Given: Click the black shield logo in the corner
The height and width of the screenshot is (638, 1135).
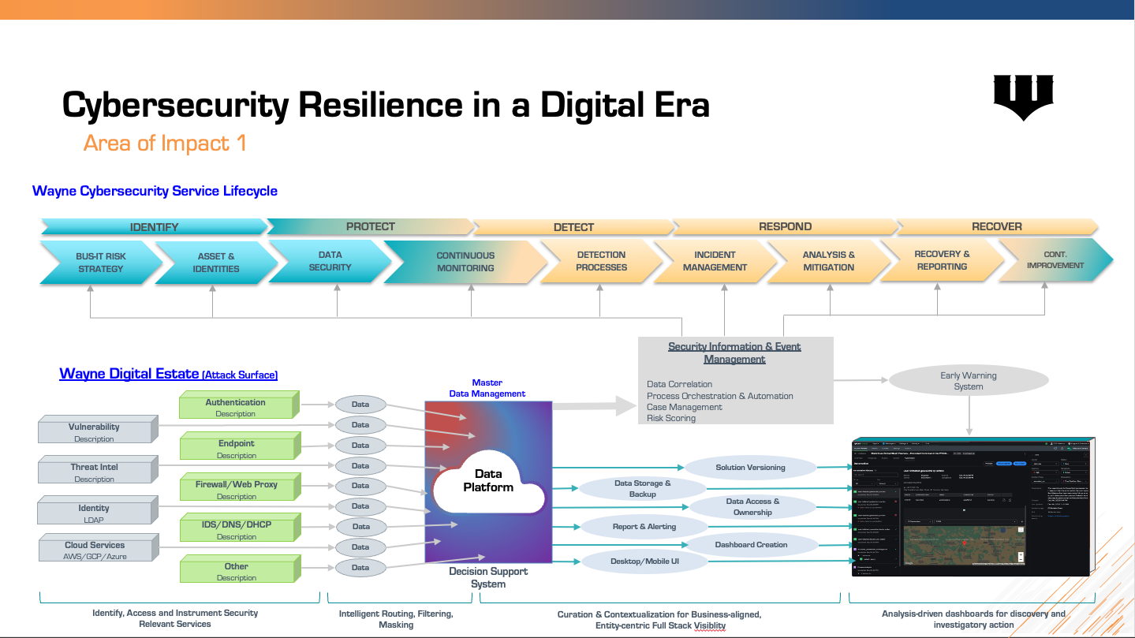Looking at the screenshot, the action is (x=1023, y=95).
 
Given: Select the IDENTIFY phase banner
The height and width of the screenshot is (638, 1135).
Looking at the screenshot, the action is (x=154, y=227).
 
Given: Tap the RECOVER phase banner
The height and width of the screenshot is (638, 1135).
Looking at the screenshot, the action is (x=996, y=226).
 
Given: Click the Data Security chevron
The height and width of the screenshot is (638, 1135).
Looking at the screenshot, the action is (x=330, y=261).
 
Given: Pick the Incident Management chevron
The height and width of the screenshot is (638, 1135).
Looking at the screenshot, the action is (x=715, y=261).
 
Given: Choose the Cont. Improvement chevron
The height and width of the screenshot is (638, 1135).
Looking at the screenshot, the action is (x=1055, y=260).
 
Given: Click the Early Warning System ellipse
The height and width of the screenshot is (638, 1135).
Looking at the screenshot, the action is (x=968, y=381).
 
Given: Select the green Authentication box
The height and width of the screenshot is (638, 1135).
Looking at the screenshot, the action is (x=236, y=407).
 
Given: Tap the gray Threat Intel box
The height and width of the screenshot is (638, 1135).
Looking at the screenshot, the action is (x=95, y=472).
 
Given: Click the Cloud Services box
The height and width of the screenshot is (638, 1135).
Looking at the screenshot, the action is (x=95, y=550).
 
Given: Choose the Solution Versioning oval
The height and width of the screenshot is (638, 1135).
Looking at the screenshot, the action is (x=750, y=467).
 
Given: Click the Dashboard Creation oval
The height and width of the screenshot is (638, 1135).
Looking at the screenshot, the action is (x=751, y=544).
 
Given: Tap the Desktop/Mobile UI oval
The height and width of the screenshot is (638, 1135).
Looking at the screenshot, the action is (x=644, y=562).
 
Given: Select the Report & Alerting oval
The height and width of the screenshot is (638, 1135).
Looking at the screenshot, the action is (x=644, y=526).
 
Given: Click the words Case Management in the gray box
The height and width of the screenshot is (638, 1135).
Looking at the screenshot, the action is (x=684, y=407).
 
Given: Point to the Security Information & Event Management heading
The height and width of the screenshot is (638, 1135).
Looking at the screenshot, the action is (x=734, y=353).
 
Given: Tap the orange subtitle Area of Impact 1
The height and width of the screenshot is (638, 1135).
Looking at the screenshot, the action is (x=165, y=143).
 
